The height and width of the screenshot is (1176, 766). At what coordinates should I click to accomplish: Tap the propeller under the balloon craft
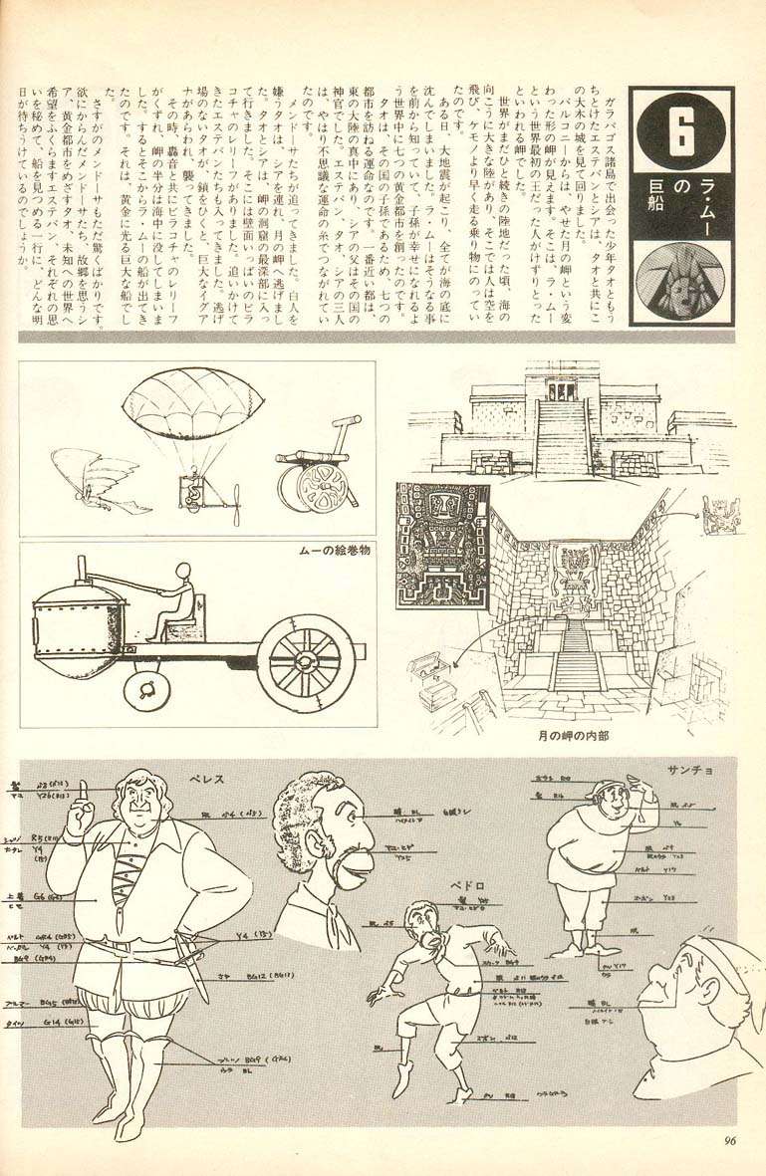pyautogui.click(x=236, y=503)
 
